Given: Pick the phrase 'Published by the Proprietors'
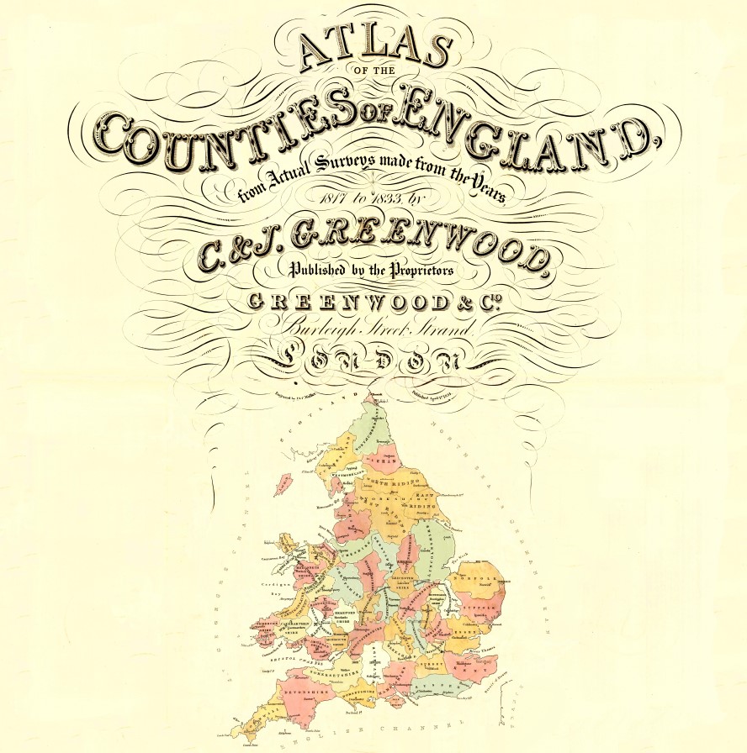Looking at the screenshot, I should click(372, 271).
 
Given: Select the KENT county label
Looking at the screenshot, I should click(480, 671).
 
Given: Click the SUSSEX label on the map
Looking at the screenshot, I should click(439, 691).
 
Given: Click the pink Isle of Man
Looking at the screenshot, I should click(283, 484).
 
